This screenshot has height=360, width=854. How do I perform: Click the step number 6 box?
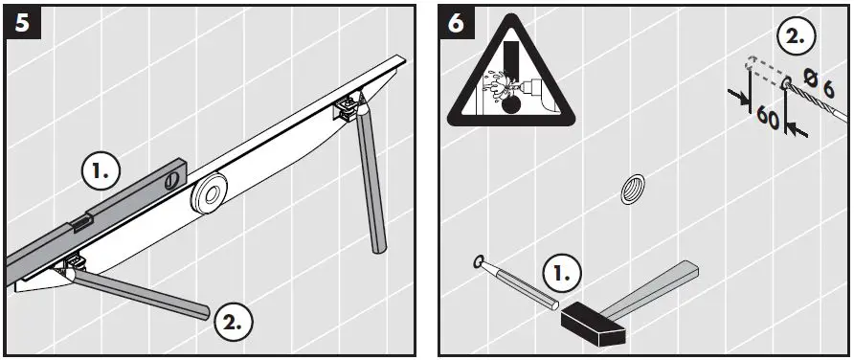pyautogui.click(x=457, y=24)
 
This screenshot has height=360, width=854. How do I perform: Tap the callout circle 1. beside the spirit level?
pyautogui.click(x=101, y=172)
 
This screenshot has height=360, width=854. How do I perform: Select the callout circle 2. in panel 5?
pyautogui.click(x=233, y=321)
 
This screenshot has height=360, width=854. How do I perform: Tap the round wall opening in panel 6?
pyautogui.click(x=632, y=190)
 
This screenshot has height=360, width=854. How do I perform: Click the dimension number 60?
pyautogui.click(x=766, y=117)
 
